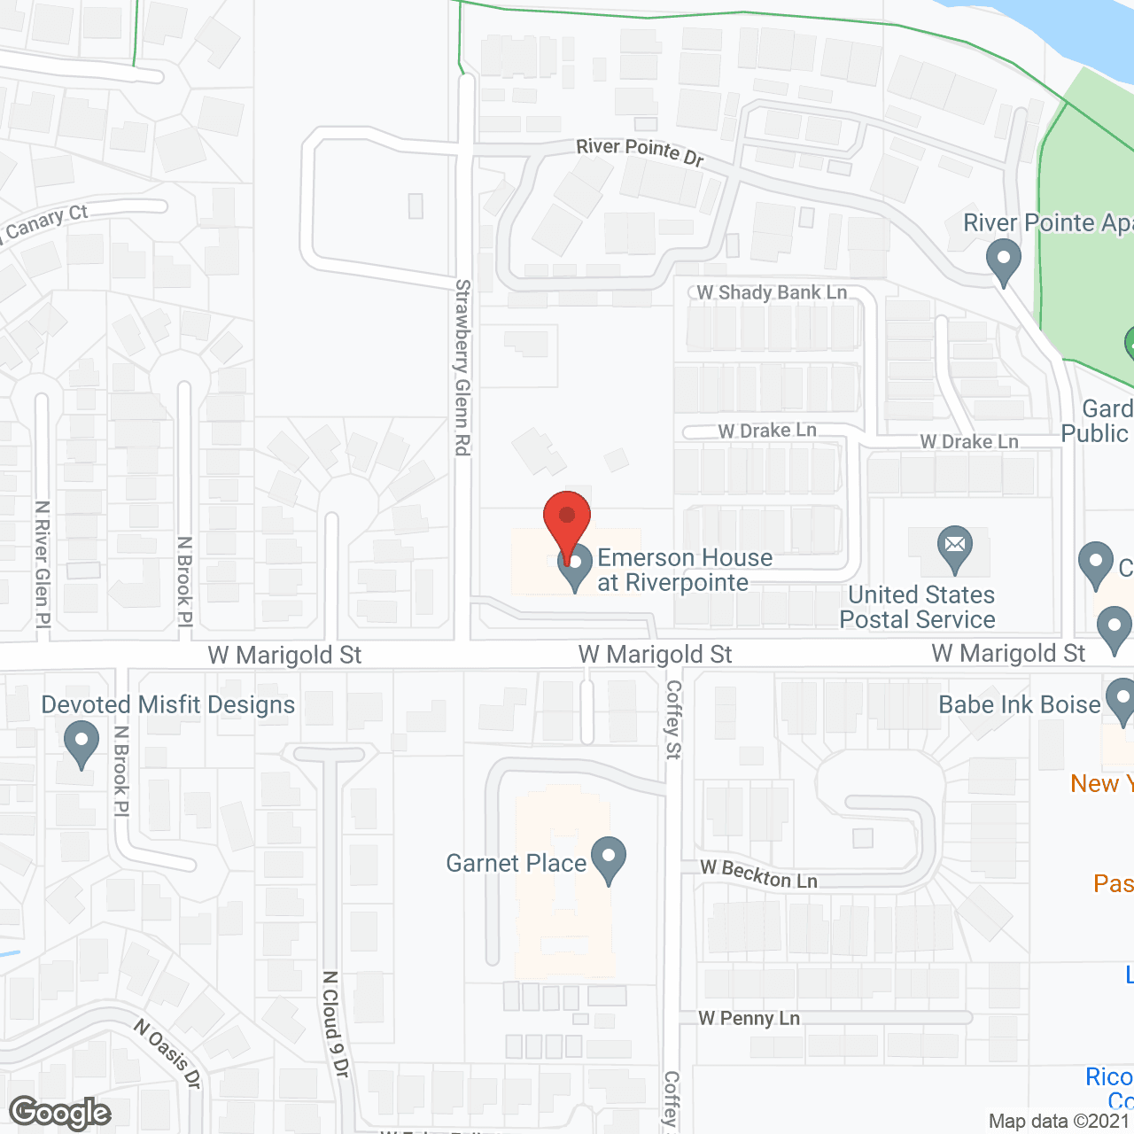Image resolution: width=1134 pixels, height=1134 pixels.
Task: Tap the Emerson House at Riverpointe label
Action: coord(684,570)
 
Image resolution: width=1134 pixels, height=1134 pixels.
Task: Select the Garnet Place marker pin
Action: coord(609,860)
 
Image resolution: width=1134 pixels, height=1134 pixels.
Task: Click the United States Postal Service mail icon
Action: coord(954,548)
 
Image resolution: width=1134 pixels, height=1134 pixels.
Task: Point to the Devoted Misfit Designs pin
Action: coord(82,743)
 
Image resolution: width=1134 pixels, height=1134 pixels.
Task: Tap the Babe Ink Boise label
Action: coord(1019,705)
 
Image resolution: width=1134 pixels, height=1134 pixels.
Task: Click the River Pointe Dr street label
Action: coord(640,151)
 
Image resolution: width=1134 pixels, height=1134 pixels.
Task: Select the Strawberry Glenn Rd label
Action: coord(462,367)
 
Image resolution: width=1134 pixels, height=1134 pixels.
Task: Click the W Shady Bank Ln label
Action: coord(772,292)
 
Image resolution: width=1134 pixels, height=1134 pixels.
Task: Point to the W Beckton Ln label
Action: coord(759,874)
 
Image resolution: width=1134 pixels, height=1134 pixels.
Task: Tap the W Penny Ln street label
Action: coord(750,1019)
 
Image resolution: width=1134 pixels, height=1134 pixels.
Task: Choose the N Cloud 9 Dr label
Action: coord(335,1024)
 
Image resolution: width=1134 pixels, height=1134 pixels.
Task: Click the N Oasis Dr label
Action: coord(168,1053)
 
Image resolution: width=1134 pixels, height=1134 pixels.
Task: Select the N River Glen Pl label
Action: coord(42,565)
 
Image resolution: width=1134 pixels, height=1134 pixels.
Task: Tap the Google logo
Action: coord(60,1113)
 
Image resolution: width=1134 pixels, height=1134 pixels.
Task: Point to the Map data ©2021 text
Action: coord(1060,1122)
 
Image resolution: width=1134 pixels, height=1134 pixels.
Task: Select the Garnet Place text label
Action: coord(516,864)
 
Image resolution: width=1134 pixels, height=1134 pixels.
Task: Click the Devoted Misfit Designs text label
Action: coord(168,705)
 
